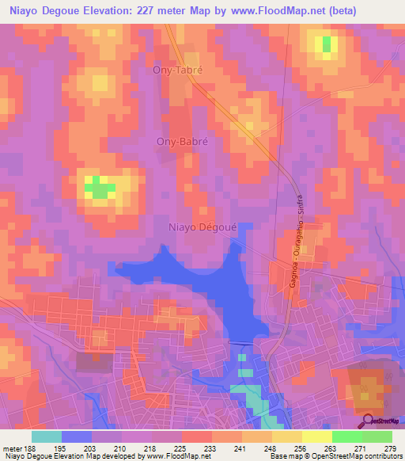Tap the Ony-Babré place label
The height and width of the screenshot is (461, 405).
click(179, 143)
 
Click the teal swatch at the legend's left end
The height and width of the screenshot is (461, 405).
click(47, 436)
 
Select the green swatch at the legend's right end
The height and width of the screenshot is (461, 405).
click(377, 436)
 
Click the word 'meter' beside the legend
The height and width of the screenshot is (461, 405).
click(12, 448)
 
